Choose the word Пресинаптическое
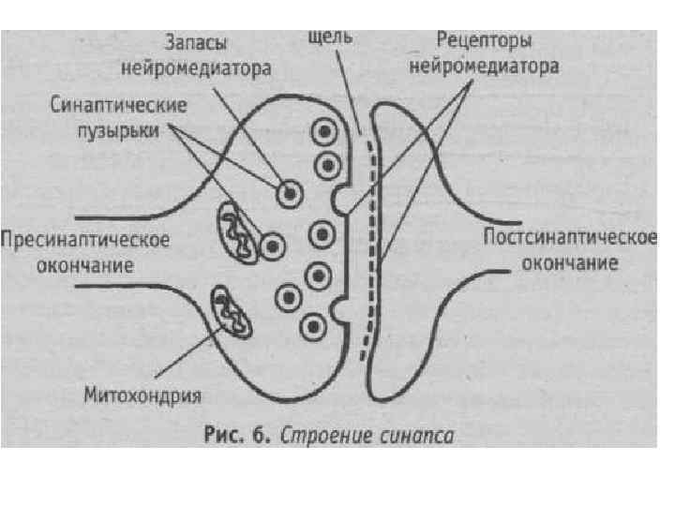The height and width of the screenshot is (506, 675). click(85, 239)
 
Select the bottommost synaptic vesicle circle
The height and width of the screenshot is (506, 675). click(313, 325)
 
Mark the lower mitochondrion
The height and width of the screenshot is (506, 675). click(231, 313)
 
